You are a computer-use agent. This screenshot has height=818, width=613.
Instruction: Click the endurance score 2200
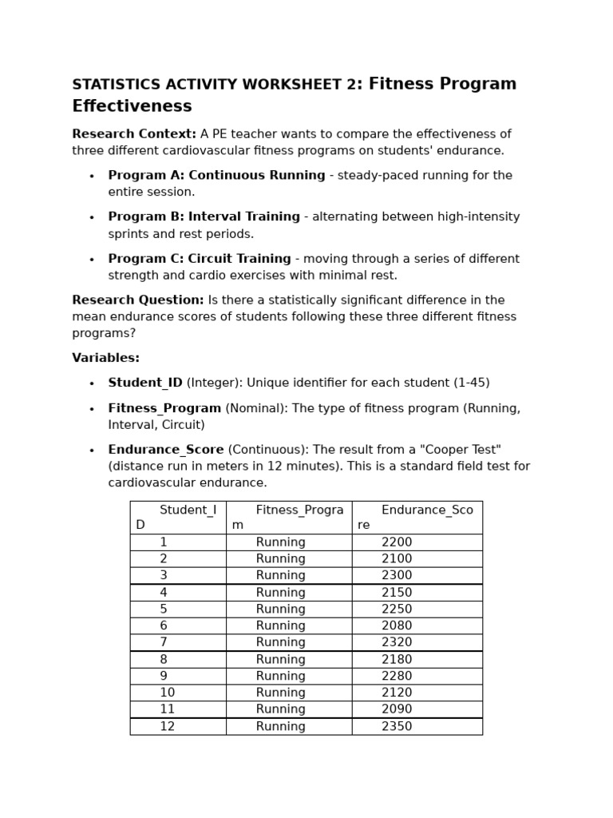(x=397, y=542)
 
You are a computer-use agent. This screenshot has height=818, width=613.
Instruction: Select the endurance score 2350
(x=397, y=726)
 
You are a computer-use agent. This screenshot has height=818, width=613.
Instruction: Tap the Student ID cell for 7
(x=164, y=642)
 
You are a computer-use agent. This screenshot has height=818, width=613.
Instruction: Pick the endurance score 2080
(x=397, y=625)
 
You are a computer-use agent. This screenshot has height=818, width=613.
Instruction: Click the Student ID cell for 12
(x=167, y=726)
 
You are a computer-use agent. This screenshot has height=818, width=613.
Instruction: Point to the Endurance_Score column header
(x=417, y=518)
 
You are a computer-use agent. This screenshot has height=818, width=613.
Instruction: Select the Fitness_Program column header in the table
(x=288, y=518)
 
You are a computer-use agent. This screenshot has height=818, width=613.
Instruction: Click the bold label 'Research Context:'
(x=134, y=134)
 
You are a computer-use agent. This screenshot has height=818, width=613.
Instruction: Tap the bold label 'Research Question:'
(x=138, y=300)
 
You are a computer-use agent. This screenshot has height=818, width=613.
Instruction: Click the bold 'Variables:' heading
(x=105, y=358)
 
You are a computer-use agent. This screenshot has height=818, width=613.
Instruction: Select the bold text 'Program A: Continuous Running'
(x=216, y=176)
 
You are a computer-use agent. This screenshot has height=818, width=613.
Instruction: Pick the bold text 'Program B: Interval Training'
(x=204, y=217)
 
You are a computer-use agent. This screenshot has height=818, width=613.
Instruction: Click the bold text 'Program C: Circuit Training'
(x=200, y=259)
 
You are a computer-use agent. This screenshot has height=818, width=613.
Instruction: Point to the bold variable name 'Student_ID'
(x=145, y=383)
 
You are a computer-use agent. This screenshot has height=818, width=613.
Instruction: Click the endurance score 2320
(x=397, y=642)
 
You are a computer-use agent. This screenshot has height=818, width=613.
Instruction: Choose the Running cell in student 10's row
(x=280, y=693)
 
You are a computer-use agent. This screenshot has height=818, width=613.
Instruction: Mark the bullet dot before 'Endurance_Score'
(x=92, y=451)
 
